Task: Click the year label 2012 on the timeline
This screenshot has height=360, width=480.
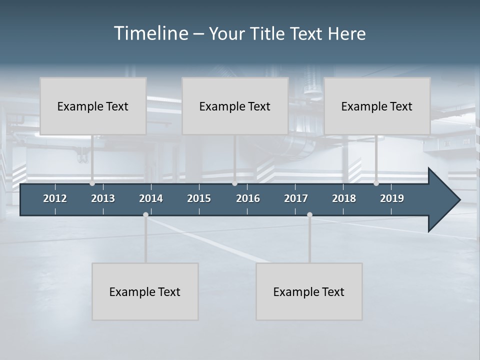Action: point(55,198)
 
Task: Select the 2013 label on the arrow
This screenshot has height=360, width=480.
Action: point(103,198)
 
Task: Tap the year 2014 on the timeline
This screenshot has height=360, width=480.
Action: point(151,198)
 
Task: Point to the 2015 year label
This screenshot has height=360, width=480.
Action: point(199,198)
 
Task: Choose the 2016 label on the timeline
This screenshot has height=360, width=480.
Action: point(248,198)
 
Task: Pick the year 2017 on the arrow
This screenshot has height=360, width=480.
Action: point(296,198)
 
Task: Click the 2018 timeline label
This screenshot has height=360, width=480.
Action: point(344,198)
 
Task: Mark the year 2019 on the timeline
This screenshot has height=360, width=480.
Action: point(392,198)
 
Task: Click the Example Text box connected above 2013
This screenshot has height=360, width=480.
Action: point(93,106)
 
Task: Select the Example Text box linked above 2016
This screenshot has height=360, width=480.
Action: point(235,106)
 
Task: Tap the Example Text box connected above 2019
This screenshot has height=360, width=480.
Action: point(377,106)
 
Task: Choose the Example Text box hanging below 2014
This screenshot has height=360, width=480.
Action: point(145,291)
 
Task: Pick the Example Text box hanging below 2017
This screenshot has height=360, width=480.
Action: point(309,291)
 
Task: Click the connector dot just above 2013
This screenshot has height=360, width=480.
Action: point(92,183)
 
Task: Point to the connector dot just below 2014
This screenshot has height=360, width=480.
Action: point(145,215)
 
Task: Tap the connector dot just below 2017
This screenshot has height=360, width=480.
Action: point(309,215)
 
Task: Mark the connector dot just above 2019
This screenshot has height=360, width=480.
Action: point(376,183)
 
